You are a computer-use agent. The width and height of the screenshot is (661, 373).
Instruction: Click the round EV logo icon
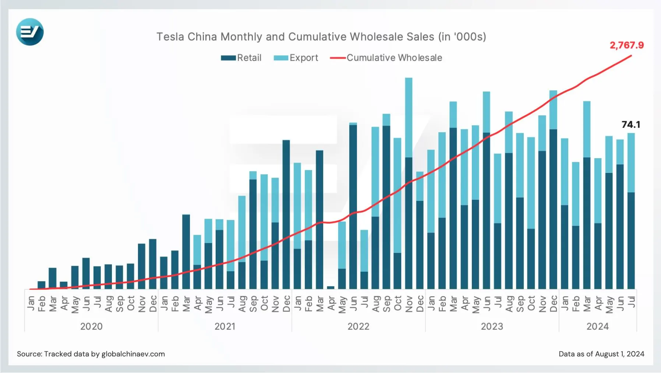30,32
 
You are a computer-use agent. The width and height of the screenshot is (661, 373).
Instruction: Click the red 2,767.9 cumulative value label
626,45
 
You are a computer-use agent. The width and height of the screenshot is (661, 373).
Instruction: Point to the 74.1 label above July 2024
631,125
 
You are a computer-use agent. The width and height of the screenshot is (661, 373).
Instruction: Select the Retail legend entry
241,58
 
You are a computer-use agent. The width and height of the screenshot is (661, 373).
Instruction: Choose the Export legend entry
296,58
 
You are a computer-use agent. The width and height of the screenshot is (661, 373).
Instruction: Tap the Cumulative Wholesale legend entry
386,58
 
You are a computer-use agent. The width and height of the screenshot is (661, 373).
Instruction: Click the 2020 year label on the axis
91,326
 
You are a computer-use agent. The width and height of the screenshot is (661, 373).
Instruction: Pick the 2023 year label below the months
492,326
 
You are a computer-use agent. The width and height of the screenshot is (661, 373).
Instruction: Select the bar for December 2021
286,214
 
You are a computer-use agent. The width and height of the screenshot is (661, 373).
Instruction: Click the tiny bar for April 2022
330,287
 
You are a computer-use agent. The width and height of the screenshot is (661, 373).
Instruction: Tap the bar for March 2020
53,278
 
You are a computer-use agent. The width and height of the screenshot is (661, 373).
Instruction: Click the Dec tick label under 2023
553,303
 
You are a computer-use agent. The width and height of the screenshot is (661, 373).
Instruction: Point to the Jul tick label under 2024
631,302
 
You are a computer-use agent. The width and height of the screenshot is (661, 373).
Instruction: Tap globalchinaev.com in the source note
133,354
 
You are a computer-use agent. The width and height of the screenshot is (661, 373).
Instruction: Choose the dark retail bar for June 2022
353,206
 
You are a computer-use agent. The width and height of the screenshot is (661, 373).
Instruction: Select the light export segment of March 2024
587,129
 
